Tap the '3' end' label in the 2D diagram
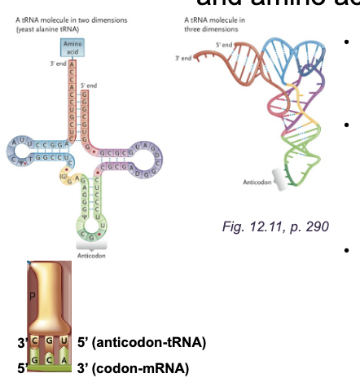[55, 64]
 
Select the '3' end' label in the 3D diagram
[185, 59]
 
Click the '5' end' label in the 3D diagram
[224, 43]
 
